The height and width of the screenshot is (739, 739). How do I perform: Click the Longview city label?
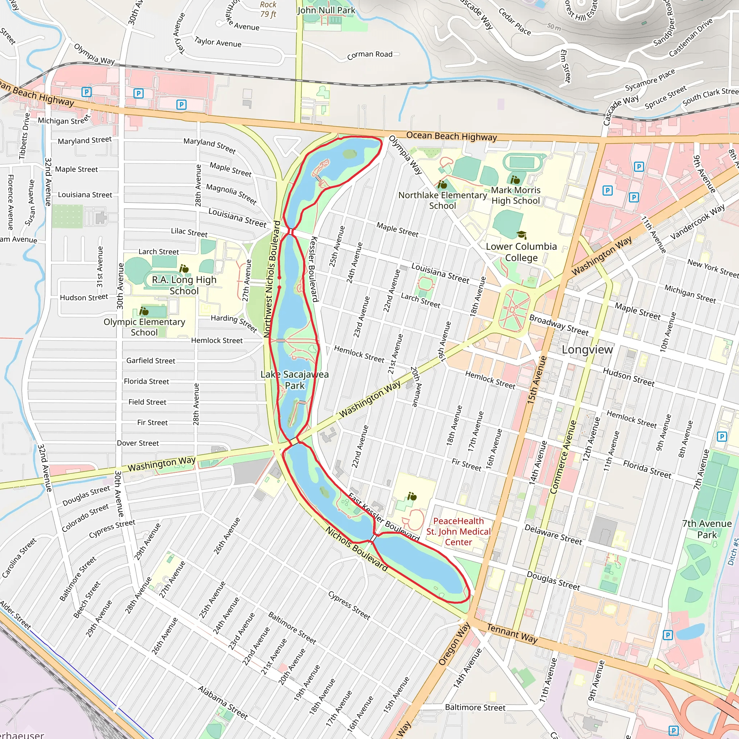[587, 350]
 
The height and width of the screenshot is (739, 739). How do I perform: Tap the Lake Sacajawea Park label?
[294, 380]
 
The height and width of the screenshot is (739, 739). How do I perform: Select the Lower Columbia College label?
[521, 252]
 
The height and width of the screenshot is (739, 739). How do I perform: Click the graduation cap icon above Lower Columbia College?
[521, 235]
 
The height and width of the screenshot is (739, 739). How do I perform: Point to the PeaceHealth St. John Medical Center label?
[458, 532]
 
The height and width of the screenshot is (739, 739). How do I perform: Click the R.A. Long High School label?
[184, 285]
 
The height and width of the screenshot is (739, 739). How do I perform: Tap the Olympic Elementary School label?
[144, 327]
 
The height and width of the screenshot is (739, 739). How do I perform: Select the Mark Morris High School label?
[516, 196]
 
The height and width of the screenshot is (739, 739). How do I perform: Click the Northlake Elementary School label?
[442, 200]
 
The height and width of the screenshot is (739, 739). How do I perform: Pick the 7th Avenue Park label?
[707, 529]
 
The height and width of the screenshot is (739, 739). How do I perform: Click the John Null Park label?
[326, 10]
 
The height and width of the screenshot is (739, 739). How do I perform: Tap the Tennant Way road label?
[512, 633]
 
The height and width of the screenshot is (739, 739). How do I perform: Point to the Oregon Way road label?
[454, 644]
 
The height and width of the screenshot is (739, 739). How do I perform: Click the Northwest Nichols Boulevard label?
[272, 279]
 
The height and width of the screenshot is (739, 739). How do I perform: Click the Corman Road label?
[369, 55]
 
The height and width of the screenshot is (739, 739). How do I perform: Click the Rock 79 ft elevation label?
[268, 10]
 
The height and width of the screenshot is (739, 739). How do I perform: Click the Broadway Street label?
[559, 325]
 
